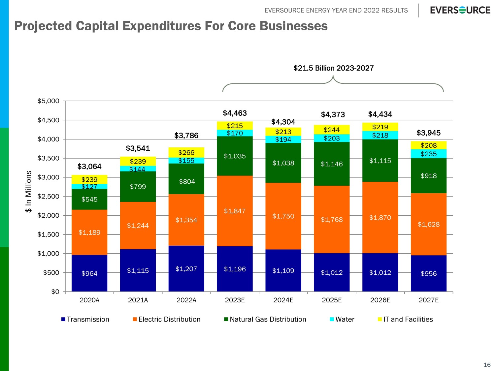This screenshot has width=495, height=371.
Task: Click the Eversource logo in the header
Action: point(460,10)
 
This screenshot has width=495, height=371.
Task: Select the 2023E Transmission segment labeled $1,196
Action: point(235,269)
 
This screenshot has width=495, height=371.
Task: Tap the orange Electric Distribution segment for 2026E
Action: point(380,218)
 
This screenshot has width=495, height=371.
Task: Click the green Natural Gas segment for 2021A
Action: point(138,187)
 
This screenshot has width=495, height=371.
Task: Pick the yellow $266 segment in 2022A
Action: point(186,153)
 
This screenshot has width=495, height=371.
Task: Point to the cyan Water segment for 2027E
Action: point(429,154)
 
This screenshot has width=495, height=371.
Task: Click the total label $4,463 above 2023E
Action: point(235,113)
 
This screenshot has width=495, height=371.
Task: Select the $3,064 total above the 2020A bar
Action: point(89,167)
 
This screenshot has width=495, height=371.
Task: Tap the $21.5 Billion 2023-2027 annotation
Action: point(333,68)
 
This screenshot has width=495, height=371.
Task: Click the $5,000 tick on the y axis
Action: point(48,101)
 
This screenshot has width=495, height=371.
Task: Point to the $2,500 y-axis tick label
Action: point(48,197)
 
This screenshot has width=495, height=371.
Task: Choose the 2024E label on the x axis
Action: point(283,300)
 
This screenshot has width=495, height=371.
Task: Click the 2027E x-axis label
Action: point(429,300)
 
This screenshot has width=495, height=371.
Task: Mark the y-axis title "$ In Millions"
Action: point(29,192)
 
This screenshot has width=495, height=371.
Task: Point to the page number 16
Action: point(487,365)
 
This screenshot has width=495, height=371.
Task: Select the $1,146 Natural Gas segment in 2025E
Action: point(332,164)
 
